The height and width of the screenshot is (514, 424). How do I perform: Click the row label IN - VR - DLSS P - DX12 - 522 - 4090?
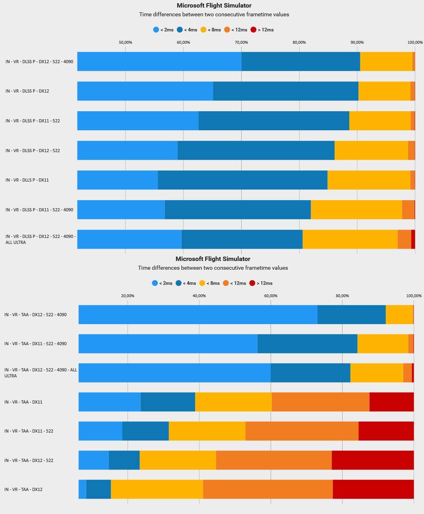tap(39, 62)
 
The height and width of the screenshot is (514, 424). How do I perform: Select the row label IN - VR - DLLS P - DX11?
tap(27, 180)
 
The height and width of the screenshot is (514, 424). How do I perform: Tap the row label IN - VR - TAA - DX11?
tap(23, 402)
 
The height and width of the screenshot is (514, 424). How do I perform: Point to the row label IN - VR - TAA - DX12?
tap(23, 489)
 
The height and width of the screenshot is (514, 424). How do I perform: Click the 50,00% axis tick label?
tap(126, 43)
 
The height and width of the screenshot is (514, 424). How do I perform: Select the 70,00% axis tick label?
tap(241, 43)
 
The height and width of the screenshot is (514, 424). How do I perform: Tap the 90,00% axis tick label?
tap(357, 43)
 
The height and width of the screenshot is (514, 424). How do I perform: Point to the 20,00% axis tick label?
tap(128, 296)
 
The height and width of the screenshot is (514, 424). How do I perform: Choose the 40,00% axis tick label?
tap(199, 296)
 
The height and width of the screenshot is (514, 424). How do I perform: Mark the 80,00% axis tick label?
tap(342, 296)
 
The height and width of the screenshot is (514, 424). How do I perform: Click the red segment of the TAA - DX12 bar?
tap(373, 489)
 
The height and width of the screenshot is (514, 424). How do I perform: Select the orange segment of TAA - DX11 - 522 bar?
tap(302, 431)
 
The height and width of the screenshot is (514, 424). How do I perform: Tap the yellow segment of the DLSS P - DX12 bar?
tap(384, 91)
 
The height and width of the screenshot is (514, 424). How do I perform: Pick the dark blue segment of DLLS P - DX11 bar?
tap(242, 180)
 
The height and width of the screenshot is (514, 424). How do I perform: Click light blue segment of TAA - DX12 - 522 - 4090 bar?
tap(198, 315)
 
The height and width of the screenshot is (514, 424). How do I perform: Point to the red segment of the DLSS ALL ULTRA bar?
tap(413, 239)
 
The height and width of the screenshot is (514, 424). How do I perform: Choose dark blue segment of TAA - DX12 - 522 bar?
tap(124, 460)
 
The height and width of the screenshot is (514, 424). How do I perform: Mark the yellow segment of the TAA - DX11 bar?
tap(233, 402)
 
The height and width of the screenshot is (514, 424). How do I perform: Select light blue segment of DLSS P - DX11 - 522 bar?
tap(138, 121)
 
